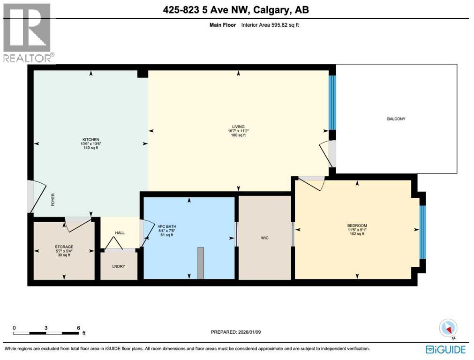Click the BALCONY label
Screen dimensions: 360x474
click(x=396, y=119)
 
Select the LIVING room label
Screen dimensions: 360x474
click(x=239, y=126)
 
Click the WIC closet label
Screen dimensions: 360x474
click(x=265, y=238)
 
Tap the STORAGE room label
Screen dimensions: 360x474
click(x=64, y=247)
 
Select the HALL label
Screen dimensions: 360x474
click(x=120, y=233)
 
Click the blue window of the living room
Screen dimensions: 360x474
click(x=332, y=102)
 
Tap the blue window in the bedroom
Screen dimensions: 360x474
click(x=422, y=232)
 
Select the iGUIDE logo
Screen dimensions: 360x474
click(x=445, y=349)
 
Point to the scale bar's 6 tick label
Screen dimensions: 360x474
click(x=78, y=328)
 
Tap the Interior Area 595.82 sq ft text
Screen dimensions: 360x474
click(x=270, y=24)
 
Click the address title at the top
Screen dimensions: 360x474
click(x=237, y=10)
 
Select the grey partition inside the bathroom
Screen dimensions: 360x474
click(x=201, y=263)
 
